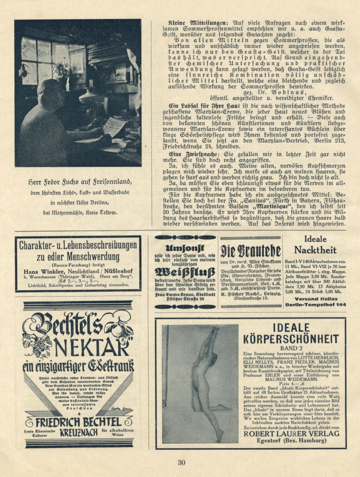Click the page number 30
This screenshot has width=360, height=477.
[x=182, y=462]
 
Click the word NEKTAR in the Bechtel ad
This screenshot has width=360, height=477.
[x=92, y=347]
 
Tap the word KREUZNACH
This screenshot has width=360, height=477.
[x=78, y=432]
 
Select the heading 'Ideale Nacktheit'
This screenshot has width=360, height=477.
[x=315, y=245]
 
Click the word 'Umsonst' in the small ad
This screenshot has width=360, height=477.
[x=185, y=248]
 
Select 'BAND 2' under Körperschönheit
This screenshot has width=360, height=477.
[x=291, y=348]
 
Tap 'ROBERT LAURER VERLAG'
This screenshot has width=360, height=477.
[x=291, y=433]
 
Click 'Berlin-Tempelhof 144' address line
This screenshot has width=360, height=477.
[x=315, y=304]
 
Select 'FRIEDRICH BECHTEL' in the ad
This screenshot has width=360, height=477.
[x=78, y=422]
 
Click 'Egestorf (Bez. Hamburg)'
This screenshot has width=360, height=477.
[x=291, y=441]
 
